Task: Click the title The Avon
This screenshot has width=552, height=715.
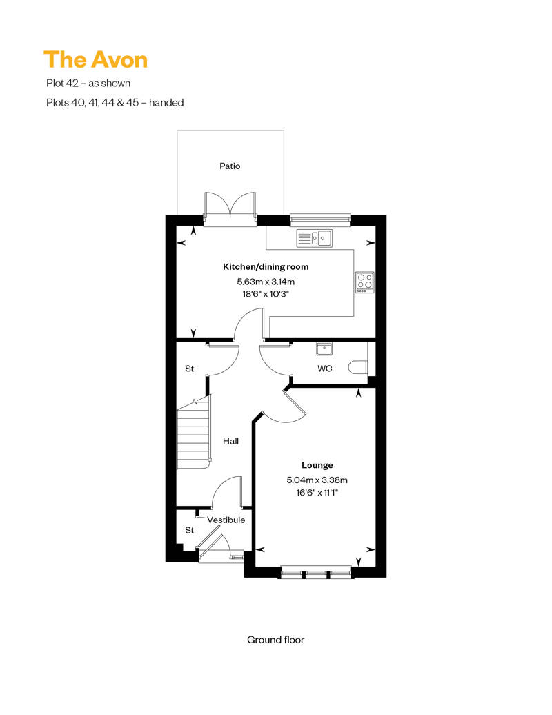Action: [x=96, y=60]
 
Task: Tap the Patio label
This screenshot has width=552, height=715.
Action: [x=230, y=166]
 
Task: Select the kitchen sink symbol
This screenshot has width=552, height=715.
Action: [x=315, y=238]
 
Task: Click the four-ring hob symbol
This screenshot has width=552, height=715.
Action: [x=364, y=282]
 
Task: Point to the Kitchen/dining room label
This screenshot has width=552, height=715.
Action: [x=266, y=267]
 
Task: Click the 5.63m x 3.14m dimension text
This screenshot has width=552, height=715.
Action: [x=266, y=282]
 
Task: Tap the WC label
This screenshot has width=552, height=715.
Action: [x=324, y=369]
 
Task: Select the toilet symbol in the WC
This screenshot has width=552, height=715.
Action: [x=358, y=367]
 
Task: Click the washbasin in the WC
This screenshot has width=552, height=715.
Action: [x=324, y=349]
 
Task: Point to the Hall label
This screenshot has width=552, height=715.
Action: [x=230, y=441]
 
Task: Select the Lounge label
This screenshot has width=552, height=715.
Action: [x=317, y=465]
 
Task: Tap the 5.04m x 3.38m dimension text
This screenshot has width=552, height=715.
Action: [x=317, y=480]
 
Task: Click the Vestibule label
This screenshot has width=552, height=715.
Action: [x=226, y=520]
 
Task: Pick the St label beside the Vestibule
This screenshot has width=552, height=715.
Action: [x=190, y=530]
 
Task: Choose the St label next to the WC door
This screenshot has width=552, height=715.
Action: [x=190, y=369]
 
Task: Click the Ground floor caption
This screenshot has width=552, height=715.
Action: [x=276, y=640]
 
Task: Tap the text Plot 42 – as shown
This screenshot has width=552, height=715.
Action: [x=88, y=83]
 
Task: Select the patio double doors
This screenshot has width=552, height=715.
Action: [x=230, y=209]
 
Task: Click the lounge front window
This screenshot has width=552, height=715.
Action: [x=316, y=572]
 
